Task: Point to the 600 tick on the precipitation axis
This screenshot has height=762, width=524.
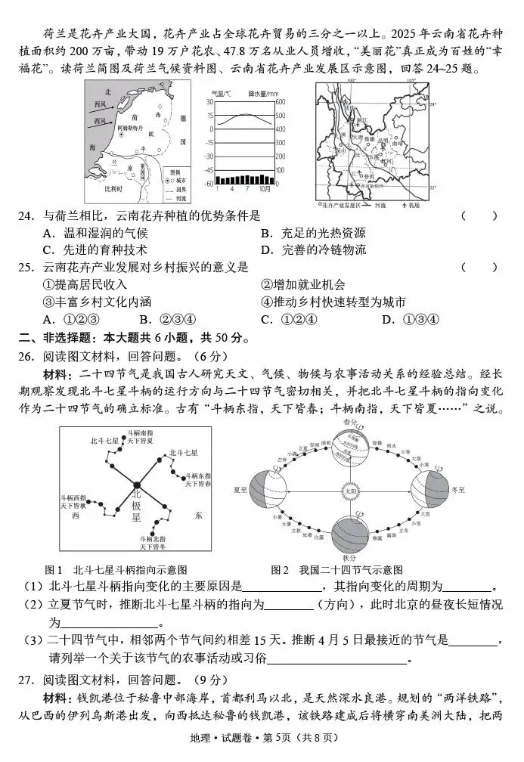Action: pos(281,102)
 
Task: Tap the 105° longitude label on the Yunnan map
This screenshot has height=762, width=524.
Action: pos(411,79)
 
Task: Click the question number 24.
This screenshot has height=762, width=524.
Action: pos(27,215)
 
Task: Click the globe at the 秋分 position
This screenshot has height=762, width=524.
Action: pos(349,535)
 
